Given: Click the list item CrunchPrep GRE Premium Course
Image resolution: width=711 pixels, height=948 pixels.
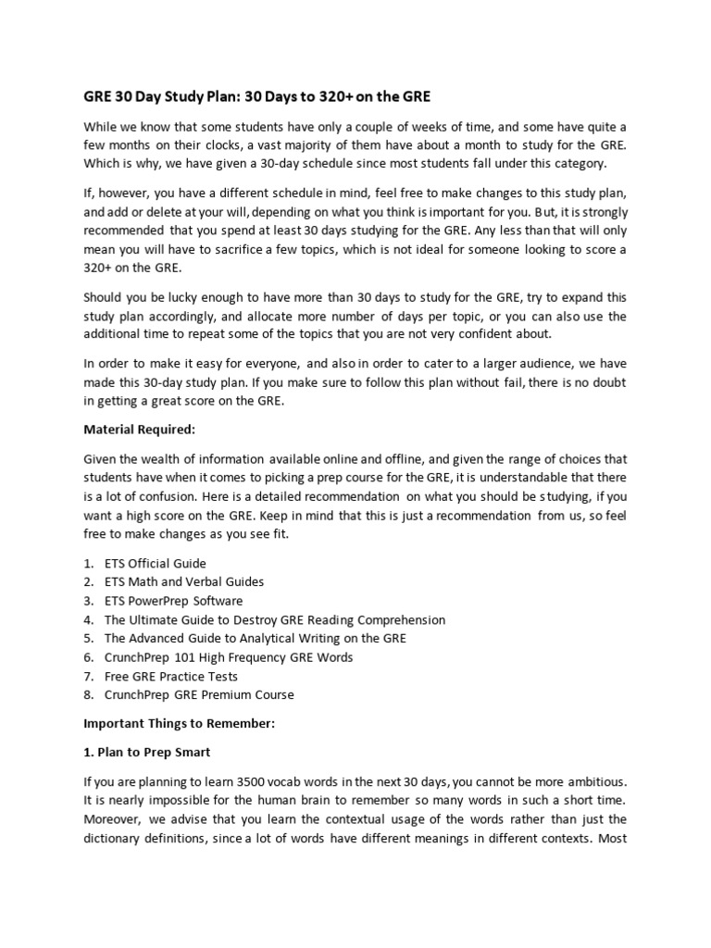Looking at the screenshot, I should pyautogui.click(x=199, y=694).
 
